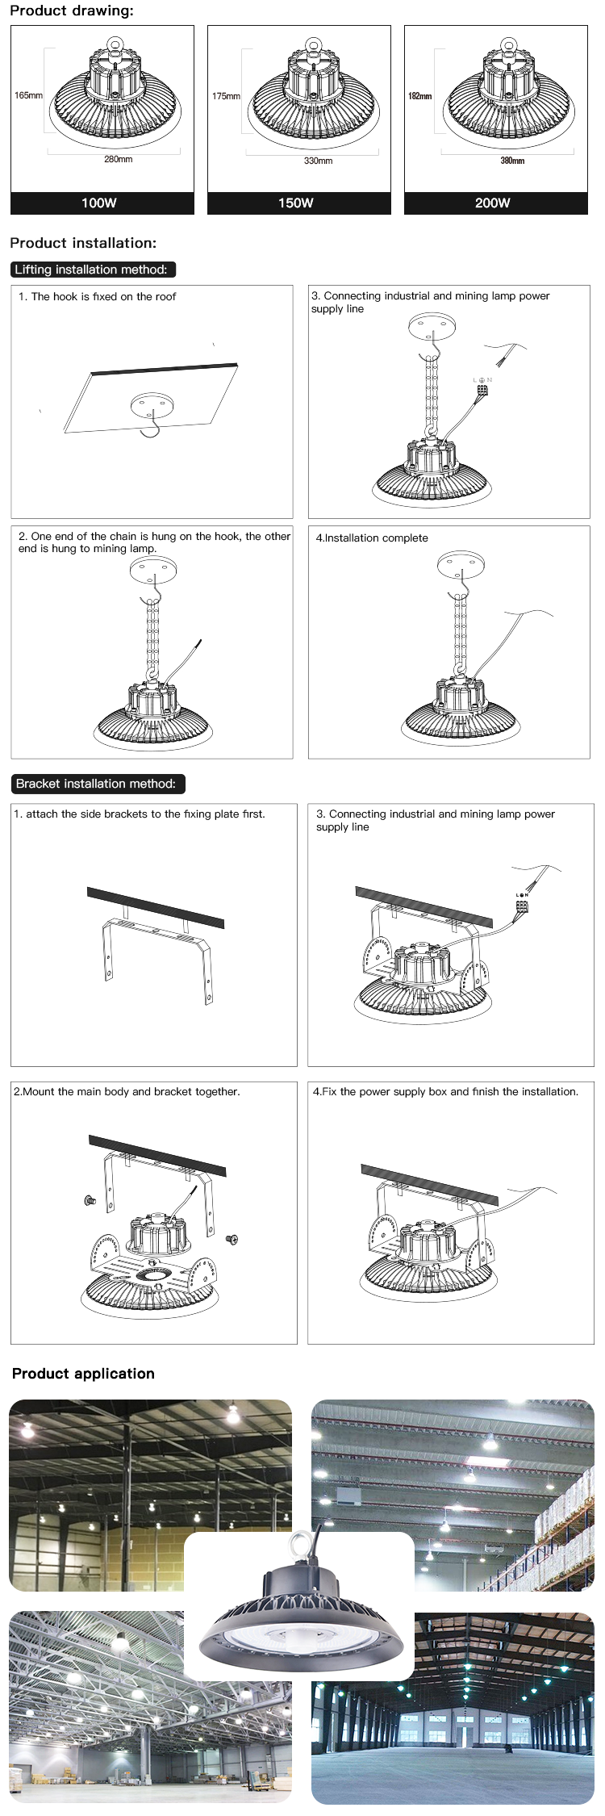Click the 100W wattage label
pyautogui.click(x=99, y=203)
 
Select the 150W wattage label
pyautogui.click(x=296, y=203)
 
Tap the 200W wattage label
pyautogui.click(x=493, y=203)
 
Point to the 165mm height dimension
pyautogui.click(x=28, y=95)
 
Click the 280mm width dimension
pyautogui.click(x=118, y=159)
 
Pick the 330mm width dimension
pyautogui.click(x=318, y=161)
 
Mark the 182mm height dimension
pyautogui.click(x=419, y=96)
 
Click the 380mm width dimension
pyautogui.click(x=512, y=161)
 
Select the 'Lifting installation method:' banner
pyautogui.click(x=92, y=270)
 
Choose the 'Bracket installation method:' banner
pyautogui.click(x=96, y=783)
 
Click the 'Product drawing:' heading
pyautogui.click(x=72, y=10)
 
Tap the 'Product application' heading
pyautogui.click(x=83, y=1374)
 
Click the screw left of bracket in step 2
pyautogui.click(x=89, y=1202)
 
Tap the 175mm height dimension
pyautogui.click(x=226, y=96)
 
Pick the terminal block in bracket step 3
pyautogui.click(x=522, y=906)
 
